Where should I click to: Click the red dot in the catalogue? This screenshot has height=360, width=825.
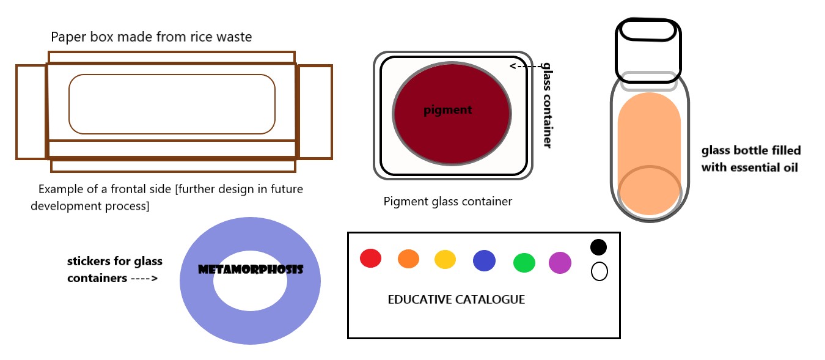(370, 258)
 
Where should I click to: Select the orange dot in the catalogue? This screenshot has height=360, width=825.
(408, 259)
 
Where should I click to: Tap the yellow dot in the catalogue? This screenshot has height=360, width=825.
(446, 259)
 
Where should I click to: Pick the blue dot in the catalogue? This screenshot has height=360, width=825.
(484, 260)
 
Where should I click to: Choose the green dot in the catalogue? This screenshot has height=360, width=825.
(524, 263)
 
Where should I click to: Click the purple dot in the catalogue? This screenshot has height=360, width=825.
(560, 263)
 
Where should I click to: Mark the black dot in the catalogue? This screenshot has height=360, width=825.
(599, 247)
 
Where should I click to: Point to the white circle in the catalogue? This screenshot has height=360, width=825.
(599, 271)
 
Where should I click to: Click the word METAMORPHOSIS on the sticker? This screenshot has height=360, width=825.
(251, 269)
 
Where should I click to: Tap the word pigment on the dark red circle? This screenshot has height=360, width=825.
(448, 111)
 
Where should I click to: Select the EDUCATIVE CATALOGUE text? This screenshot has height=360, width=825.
(456, 300)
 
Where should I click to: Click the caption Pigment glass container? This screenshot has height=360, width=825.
(447, 201)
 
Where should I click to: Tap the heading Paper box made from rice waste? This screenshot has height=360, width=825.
(151, 37)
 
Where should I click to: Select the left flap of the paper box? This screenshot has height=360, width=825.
(31, 112)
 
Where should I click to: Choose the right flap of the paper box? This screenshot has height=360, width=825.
(315, 112)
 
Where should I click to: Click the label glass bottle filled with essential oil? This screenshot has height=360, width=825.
(750, 159)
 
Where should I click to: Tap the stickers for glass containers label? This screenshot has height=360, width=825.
(114, 270)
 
